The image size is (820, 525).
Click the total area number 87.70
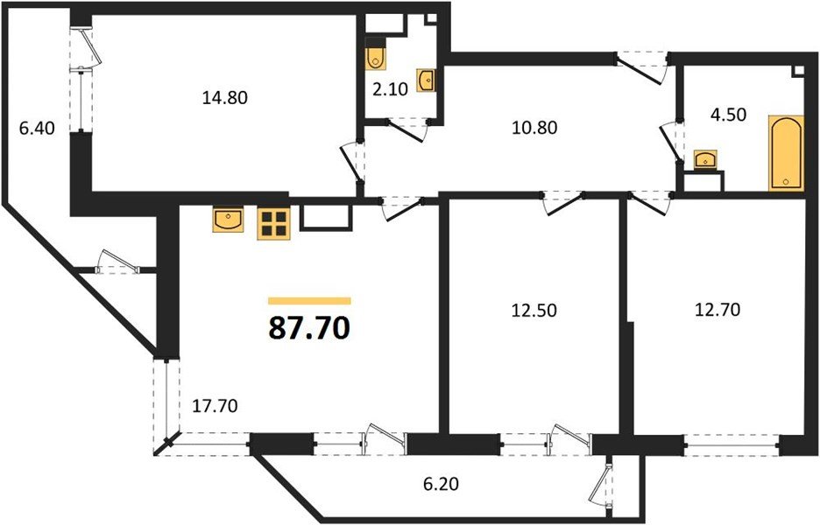(309, 328)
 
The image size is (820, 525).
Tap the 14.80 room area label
(224, 98)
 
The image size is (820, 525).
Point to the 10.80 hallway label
(534, 126)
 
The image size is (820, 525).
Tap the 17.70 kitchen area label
(215, 405)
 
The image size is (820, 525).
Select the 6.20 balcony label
(441, 482)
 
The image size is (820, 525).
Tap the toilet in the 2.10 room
(377, 56)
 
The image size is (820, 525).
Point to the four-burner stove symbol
(273, 222)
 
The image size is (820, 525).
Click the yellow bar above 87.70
(309, 300)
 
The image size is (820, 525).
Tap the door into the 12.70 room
(649, 203)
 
